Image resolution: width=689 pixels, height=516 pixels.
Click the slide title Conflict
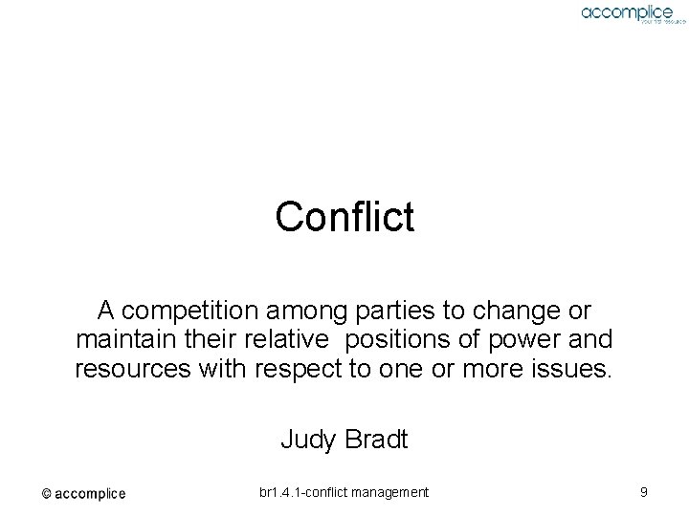(344, 217)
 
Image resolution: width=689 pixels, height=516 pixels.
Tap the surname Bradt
(376, 440)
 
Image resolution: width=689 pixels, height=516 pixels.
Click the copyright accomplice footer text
(83, 493)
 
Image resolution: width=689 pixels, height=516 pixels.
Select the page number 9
(644, 492)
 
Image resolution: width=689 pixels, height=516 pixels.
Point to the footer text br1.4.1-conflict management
(344, 492)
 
